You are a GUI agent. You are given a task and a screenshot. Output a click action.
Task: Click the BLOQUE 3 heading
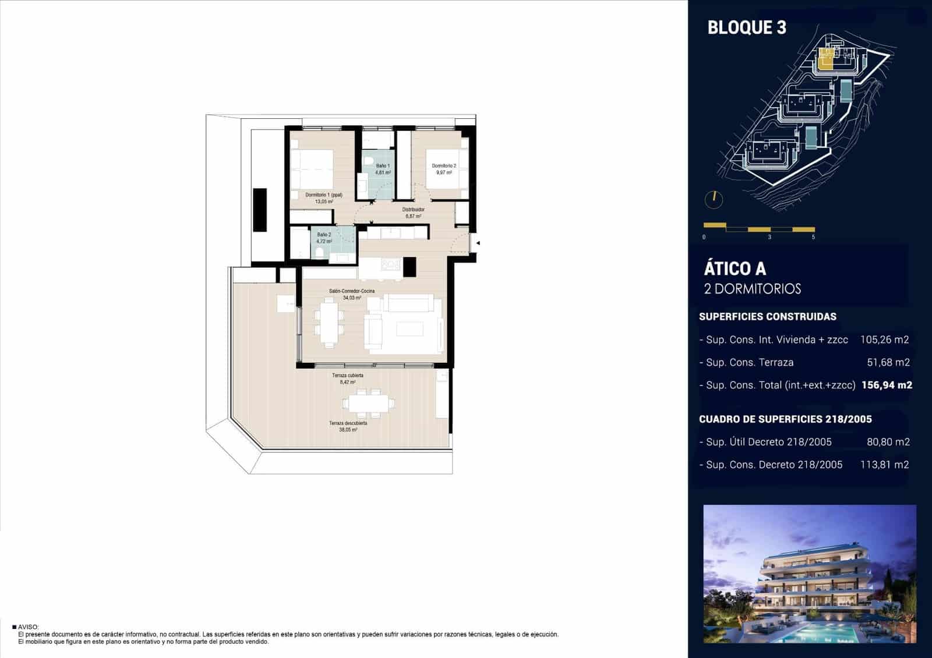coord(747,27)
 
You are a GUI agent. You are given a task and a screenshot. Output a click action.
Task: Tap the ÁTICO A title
coord(735,269)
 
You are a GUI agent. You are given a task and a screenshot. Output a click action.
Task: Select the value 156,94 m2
coord(887,385)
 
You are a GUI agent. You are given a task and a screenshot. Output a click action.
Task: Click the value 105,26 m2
coord(884,339)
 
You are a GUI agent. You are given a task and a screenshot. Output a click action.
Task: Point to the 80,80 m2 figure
coord(888,442)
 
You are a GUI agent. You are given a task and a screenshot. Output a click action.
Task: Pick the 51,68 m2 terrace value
coord(888,362)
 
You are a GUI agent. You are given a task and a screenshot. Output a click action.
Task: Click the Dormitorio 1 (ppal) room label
coord(324,195)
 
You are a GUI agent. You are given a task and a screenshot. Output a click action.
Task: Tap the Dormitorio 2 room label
coord(444,166)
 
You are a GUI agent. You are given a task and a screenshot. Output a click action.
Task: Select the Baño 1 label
coord(383,166)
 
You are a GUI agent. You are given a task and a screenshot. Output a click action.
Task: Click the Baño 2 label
coord(324,235)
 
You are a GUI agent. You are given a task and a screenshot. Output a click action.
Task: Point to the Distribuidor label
coord(413,210)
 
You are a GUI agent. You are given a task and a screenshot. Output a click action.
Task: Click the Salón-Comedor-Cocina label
coord(352,291)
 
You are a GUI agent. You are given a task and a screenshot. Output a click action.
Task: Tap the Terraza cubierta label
coord(348,376)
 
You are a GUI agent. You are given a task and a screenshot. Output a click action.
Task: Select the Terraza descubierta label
coord(348,423)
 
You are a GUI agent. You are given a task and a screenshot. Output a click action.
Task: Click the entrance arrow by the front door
coord(477,243)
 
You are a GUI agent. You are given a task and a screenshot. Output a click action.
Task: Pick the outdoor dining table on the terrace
coord(368,402)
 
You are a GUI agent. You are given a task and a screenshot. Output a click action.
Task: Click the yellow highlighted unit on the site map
coord(825,59)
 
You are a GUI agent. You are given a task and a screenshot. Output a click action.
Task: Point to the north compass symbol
coord(714,200)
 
